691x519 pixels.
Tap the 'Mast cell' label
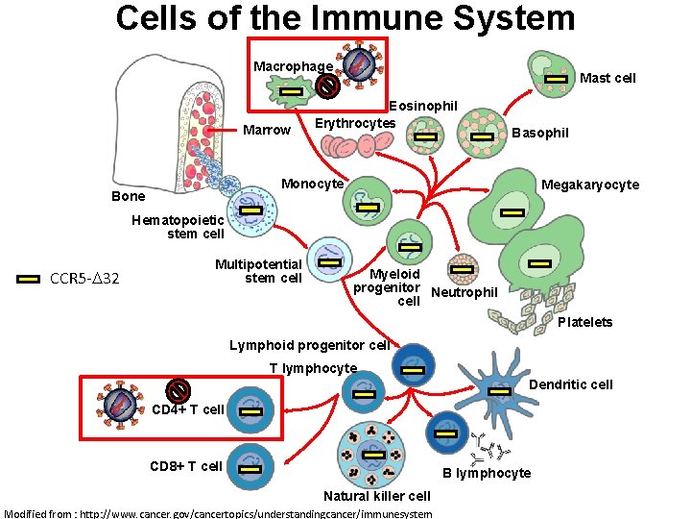coord(608,78)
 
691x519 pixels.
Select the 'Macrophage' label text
coord(293,66)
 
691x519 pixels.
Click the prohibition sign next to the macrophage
coord(327,86)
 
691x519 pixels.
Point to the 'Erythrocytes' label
coord(355,123)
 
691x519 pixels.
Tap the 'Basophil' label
coord(540,133)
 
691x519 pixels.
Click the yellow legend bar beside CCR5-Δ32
coord(31,279)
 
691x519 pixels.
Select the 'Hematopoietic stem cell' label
coord(178,227)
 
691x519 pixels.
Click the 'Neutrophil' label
coord(465,292)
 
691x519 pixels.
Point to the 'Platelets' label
coord(584,322)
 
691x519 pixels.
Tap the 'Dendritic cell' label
coord(571,384)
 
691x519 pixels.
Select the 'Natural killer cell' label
coord(376,496)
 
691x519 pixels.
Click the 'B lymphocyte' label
coord(486,473)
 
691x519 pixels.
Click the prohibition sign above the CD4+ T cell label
coord(178,390)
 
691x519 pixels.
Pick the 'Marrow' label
coord(267,130)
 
